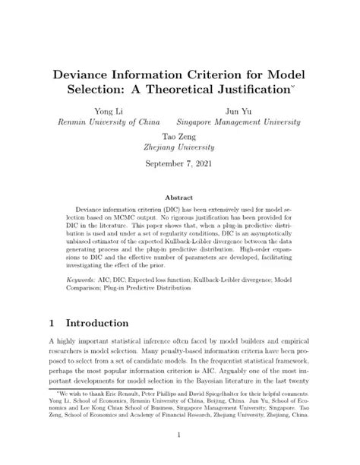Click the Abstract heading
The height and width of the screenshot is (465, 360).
click(179, 195)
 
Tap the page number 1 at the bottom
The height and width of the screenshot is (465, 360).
click(180, 435)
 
